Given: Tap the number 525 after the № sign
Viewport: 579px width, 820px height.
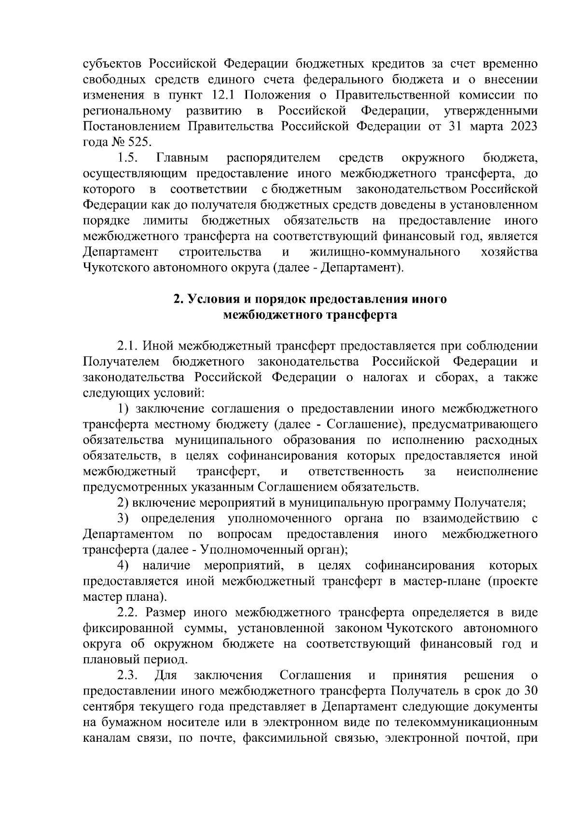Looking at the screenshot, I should tap(139, 142).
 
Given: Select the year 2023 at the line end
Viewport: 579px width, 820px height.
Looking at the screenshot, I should tap(522, 127).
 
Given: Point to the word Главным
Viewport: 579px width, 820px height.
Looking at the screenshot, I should tap(182, 158).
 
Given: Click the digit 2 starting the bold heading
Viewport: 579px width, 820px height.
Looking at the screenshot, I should tap(177, 299).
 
